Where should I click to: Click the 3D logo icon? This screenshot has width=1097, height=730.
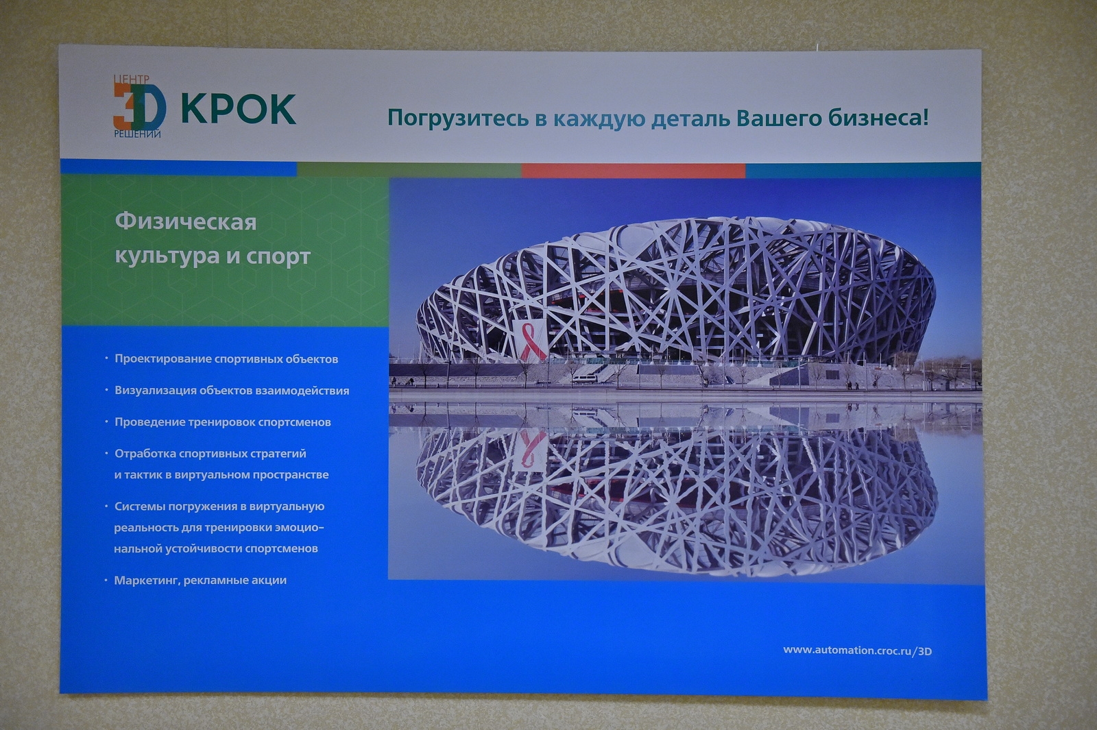tap(140, 107)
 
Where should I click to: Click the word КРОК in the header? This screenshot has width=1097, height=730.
tap(239, 109)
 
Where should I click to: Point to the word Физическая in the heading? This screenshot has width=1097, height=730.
tap(186, 222)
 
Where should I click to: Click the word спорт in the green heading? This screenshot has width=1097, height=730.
tap(278, 257)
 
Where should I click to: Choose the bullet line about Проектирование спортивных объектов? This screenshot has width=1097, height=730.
tap(226, 359)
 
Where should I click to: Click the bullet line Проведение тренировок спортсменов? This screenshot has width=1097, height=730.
tap(223, 422)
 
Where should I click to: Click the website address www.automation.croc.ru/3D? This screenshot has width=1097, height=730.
tap(858, 650)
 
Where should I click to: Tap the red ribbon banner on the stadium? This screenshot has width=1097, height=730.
tap(529, 341)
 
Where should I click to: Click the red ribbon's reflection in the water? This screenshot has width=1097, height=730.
tap(529, 450)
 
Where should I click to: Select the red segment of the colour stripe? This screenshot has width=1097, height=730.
tap(634, 171)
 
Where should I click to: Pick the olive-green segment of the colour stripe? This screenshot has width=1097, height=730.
tap(409, 169)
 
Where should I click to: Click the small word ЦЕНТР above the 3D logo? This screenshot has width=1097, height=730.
tap(132, 79)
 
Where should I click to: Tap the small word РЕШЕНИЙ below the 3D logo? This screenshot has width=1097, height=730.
tap(138, 134)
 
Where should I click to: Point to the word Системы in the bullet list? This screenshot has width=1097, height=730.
tap(140, 507)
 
